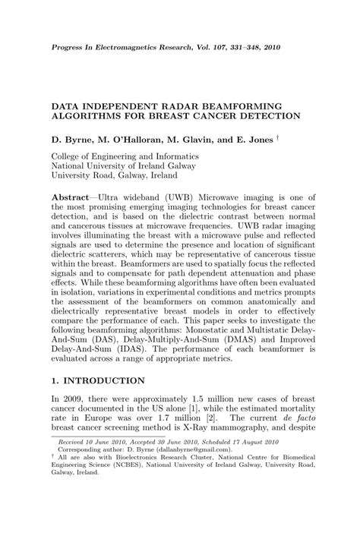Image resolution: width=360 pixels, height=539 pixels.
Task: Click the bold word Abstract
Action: tap(71, 196)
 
